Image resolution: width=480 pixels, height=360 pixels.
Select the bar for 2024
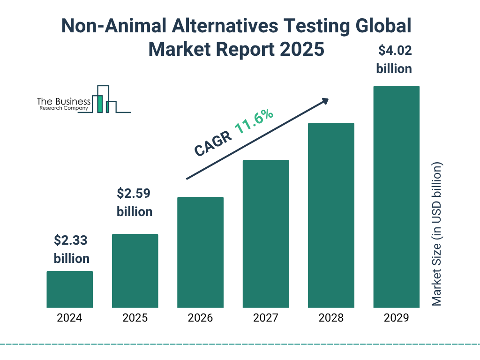[69, 289]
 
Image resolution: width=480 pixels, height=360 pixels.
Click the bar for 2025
[135, 271]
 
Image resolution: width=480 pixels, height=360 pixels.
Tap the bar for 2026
[200, 252]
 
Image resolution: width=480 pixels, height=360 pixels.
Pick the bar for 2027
[265, 234]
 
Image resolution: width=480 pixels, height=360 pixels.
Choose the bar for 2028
[331, 215]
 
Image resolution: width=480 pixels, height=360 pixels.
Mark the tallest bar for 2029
[396, 197]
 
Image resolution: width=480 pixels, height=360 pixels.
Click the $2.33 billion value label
[71, 249]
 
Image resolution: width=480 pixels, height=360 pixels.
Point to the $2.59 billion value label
[135, 202]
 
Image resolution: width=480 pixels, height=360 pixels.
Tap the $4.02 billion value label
[394, 60]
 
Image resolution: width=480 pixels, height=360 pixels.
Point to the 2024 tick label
[69, 318]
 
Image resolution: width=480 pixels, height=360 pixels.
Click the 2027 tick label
[265, 318]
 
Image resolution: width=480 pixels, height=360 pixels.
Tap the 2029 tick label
[396, 318]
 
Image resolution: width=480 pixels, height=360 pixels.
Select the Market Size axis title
[437, 234]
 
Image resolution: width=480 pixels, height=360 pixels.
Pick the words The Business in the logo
[64, 102]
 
